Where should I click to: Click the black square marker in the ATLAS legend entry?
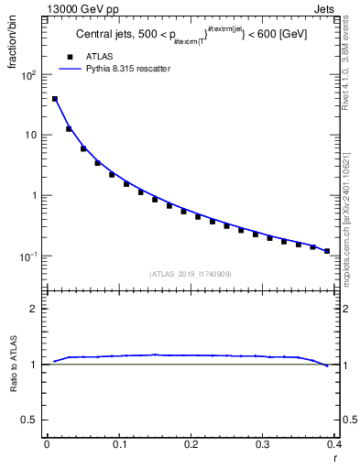[x=69, y=55]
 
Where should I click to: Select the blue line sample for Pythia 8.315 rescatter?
[x=69, y=68]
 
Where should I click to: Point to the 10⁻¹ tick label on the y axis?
[x=27, y=256]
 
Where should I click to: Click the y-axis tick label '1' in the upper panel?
[x=33, y=195]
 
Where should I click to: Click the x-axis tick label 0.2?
[x=191, y=444]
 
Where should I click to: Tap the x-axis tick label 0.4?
[x=333, y=444]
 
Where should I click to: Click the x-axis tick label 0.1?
[x=119, y=444]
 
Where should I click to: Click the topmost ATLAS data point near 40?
[x=55, y=99]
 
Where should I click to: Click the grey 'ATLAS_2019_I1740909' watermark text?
[x=191, y=273]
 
